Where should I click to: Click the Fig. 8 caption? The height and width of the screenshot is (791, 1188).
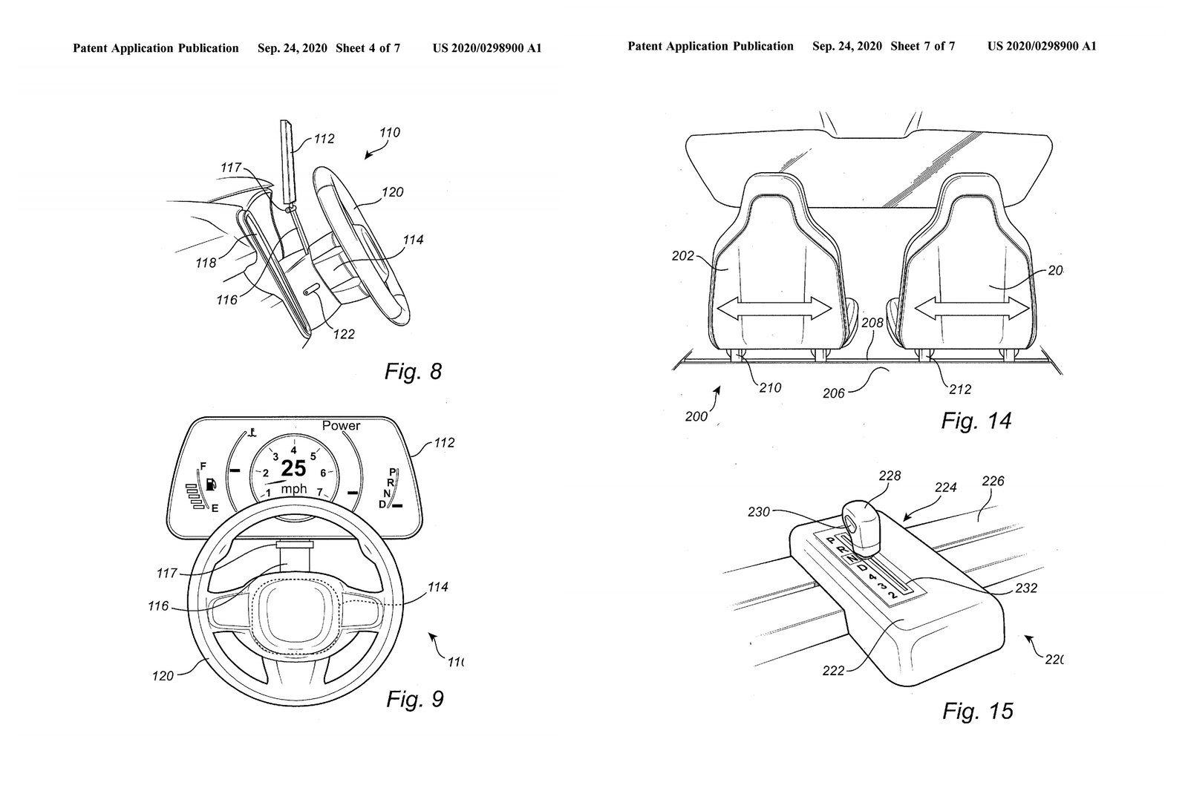(413, 371)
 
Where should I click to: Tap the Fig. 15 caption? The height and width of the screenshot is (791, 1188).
(977, 711)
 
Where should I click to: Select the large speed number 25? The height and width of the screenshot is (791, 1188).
(294, 468)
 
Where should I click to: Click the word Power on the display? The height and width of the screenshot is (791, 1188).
(341, 426)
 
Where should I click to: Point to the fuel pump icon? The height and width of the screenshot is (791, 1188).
(212, 486)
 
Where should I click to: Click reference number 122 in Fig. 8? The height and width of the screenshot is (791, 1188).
(344, 334)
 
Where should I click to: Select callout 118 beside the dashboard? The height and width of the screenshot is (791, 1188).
(206, 263)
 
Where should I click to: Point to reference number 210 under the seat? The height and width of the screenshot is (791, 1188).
(770, 387)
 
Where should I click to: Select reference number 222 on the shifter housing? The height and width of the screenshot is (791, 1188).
(834, 670)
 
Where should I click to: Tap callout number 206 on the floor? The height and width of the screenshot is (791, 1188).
(834, 393)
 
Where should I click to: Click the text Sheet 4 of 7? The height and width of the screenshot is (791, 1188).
(368, 48)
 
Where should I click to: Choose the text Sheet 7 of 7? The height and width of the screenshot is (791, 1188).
(922, 46)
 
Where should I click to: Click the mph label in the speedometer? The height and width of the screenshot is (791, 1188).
(294, 489)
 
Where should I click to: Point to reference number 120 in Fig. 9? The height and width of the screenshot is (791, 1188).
(163, 675)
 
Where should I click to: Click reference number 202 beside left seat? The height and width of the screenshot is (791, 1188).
(682, 256)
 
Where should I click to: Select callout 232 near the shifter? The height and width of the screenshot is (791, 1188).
(1026, 588)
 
